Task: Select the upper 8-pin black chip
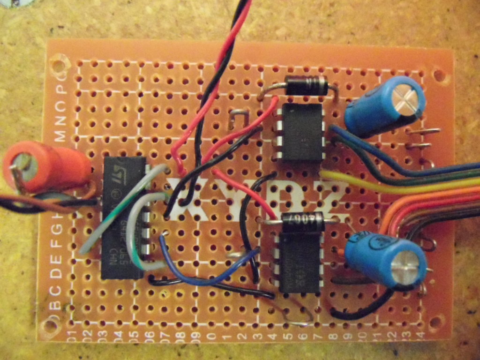(302, 132)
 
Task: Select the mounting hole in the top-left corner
(59, 61)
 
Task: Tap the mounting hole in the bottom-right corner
(436, 322)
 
